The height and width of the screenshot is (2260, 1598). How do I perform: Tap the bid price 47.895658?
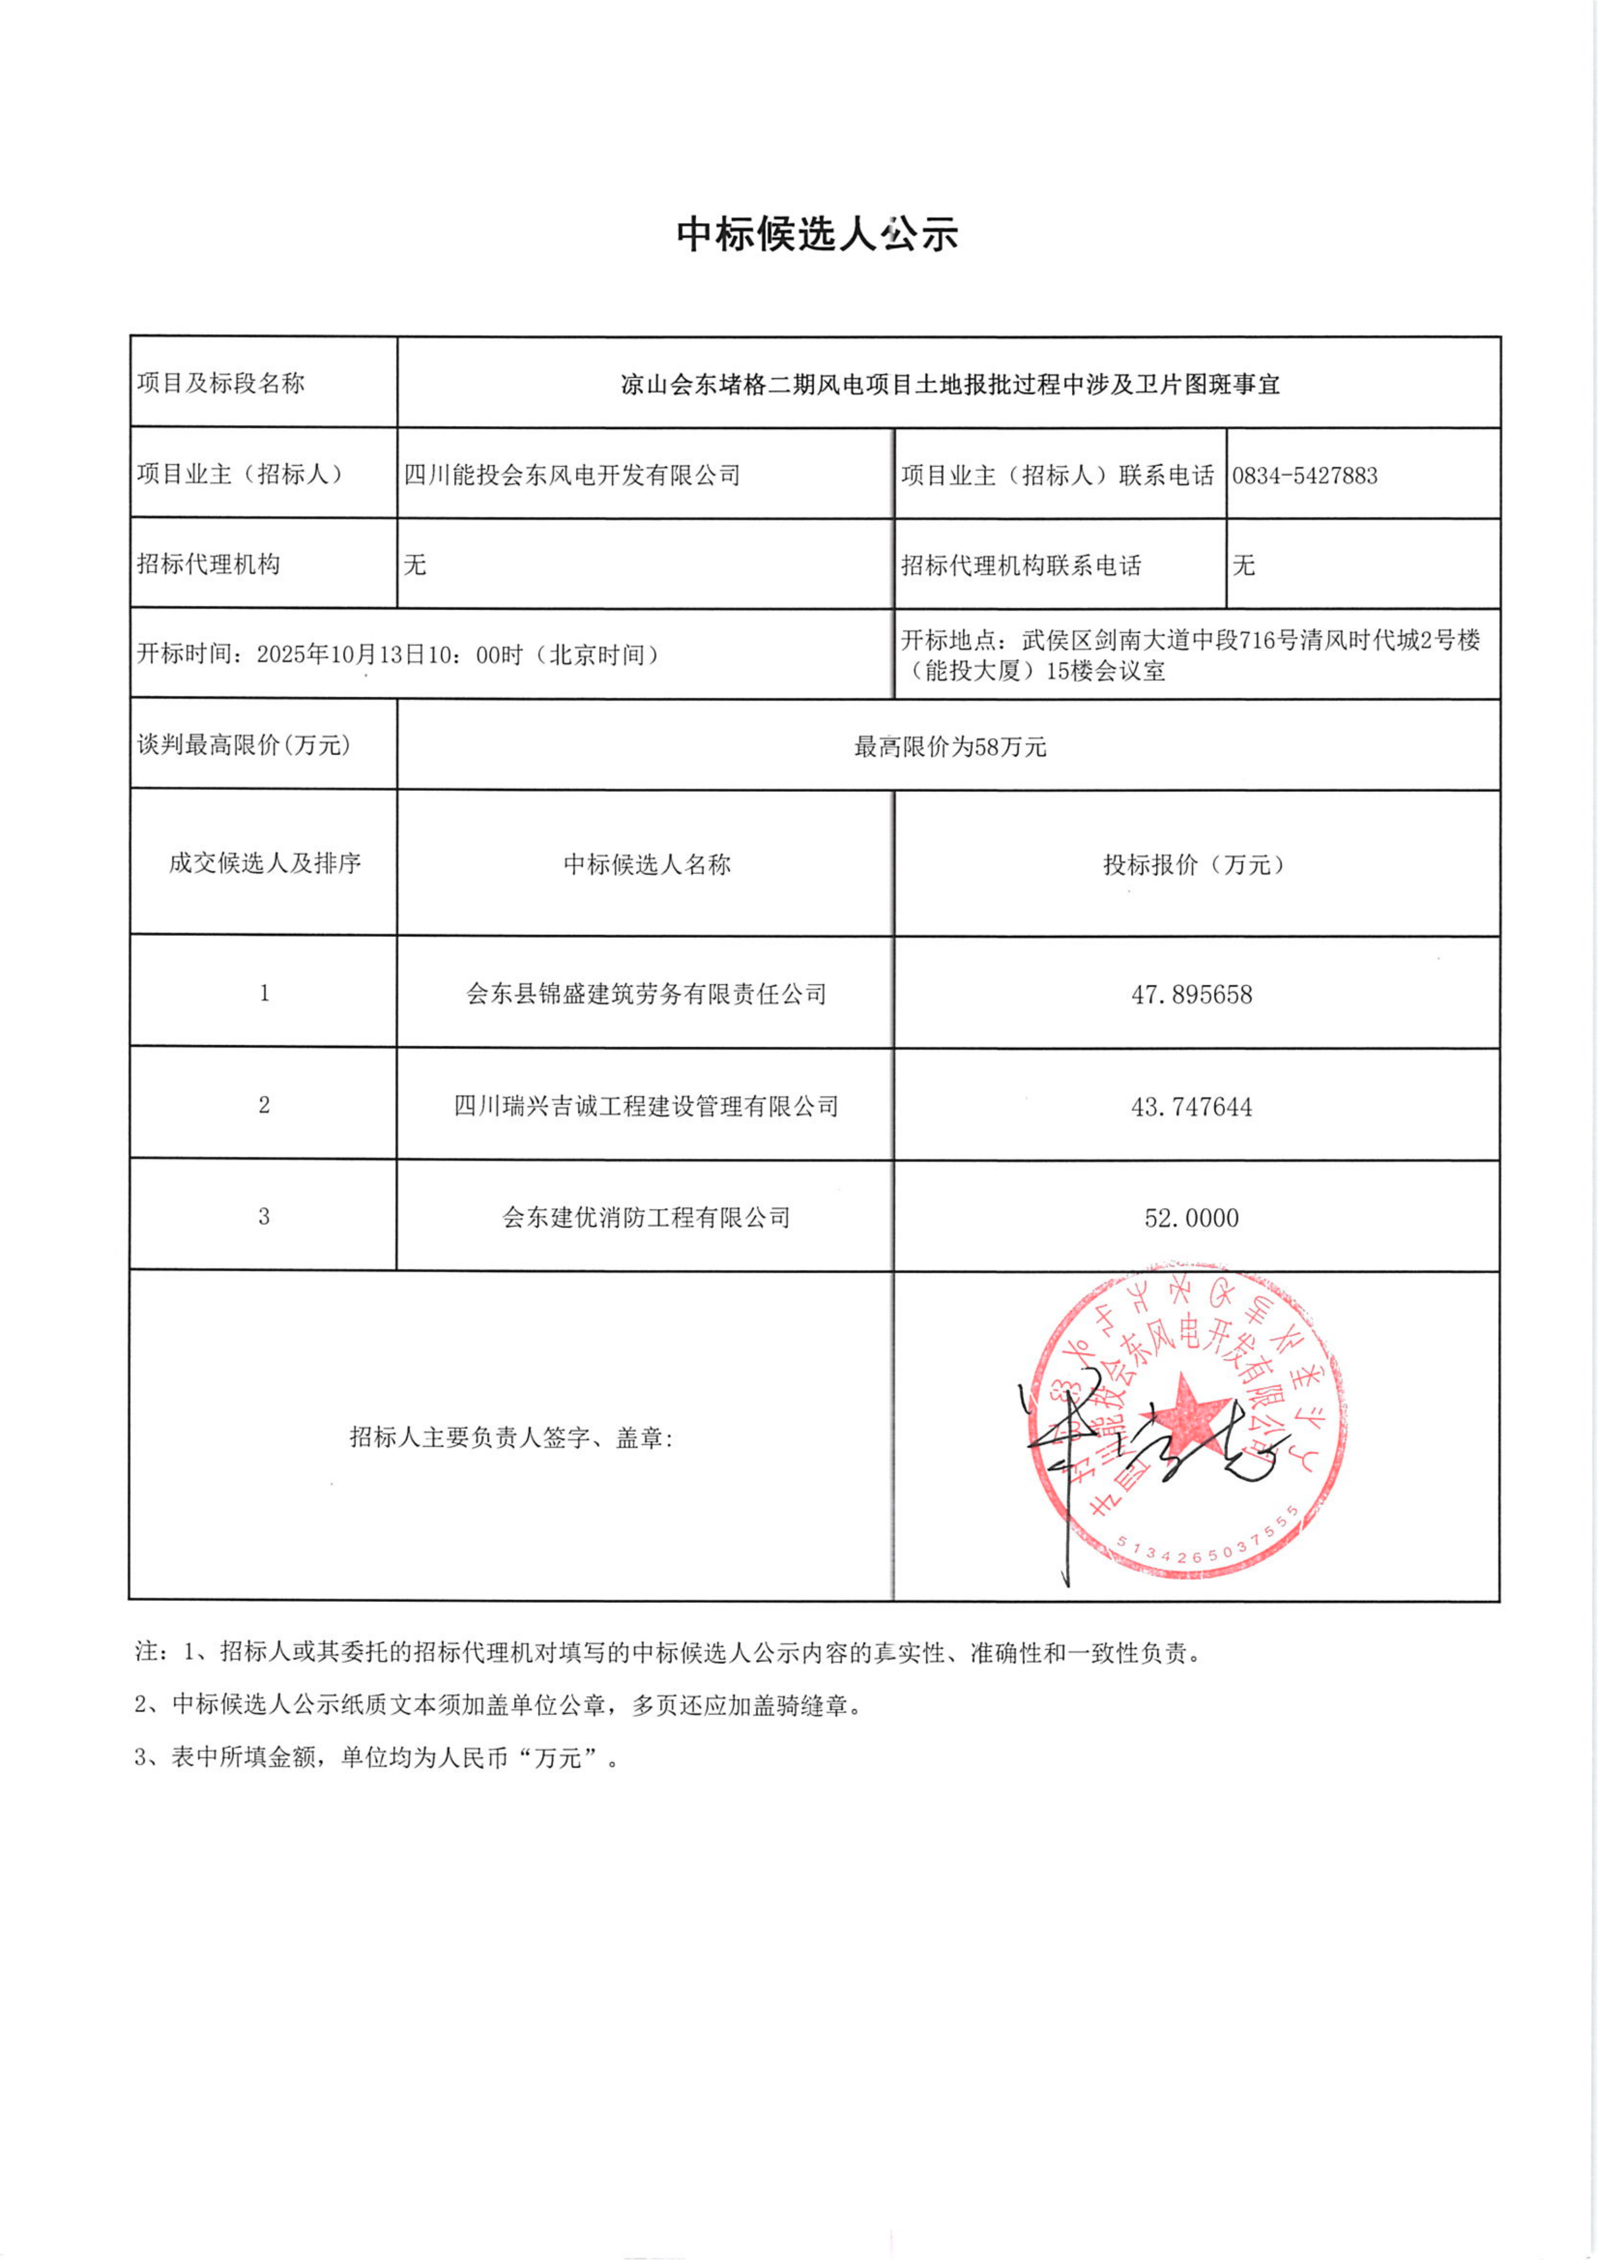pos(1191,994)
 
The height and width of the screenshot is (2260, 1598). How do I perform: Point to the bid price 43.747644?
pos(1191,1107)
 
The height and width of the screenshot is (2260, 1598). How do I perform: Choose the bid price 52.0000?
pos(1191,1218)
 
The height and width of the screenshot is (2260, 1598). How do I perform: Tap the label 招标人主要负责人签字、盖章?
pos(511,1438)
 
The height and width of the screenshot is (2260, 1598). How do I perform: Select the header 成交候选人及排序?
pos(264,863)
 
